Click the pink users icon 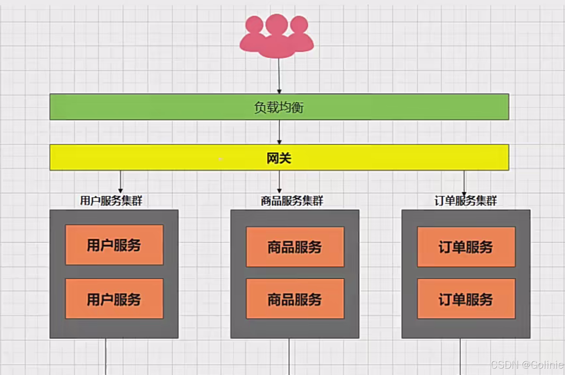pyautogui.click(x=277, y=36)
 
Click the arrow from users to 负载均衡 pyautogui.click(x=279, y=76)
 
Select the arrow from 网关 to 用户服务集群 pyautogui.click(x=120, y=182)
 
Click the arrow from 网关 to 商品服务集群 pyautogui.click(x=279, y=182)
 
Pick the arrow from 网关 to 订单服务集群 pyautogui.click(x=464, y=182)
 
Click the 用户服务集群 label pyautogui.click(x=111, y=201)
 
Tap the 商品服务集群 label pyautogui.click(x=292, y=201)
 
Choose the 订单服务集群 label pyautogui.click(x=466, y=201)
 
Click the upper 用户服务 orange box pyautogui.click(x=114, y=245)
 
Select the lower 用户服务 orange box pyautogui.click(x=114, y=299)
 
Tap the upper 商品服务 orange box pyautogui.click(x=295, y=247)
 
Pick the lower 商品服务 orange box pyautogui.click(x=295, y=299)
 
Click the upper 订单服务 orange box pyautogui.click(x=466, y=247)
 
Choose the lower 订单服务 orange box pyautogui.click(x=466, y=299)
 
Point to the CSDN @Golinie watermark pyautogui.click(x=527, y=365)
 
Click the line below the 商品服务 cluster pyautogui.click(x=289, y=356)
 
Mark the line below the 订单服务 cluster pyautogui.click(x=461, y=356)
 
